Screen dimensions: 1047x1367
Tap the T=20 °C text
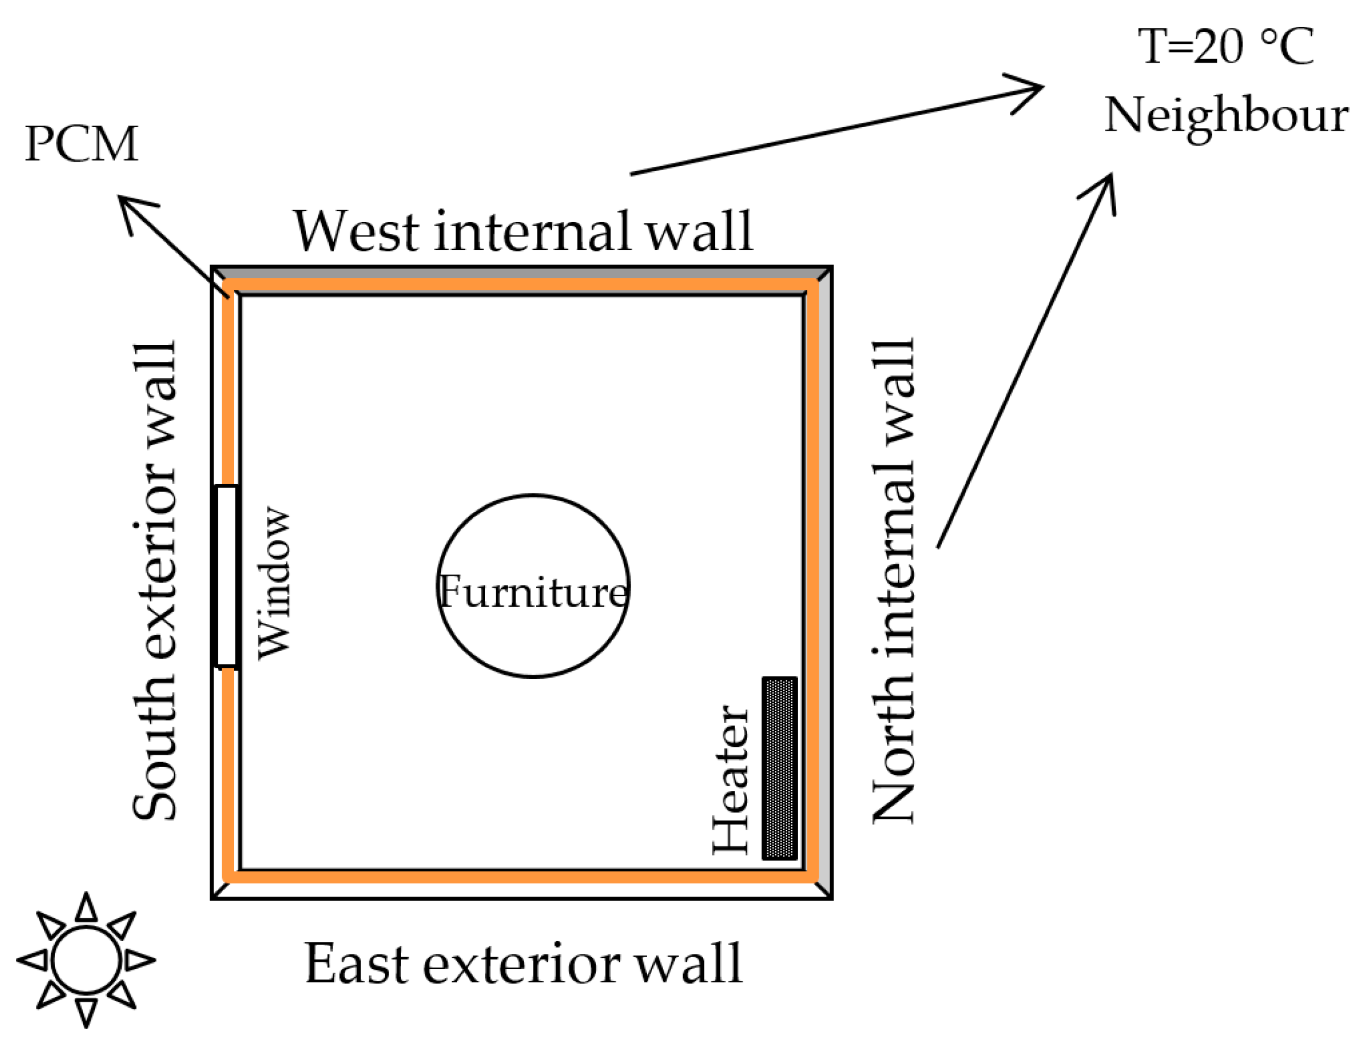(x=1226, y=47)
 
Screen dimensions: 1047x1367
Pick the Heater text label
(x=730, y=779)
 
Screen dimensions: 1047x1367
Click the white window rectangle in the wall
(x=226, y=576)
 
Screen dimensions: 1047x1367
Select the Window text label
(x=274, y=582)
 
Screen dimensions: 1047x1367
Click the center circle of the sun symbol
(x=86, y=960)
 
